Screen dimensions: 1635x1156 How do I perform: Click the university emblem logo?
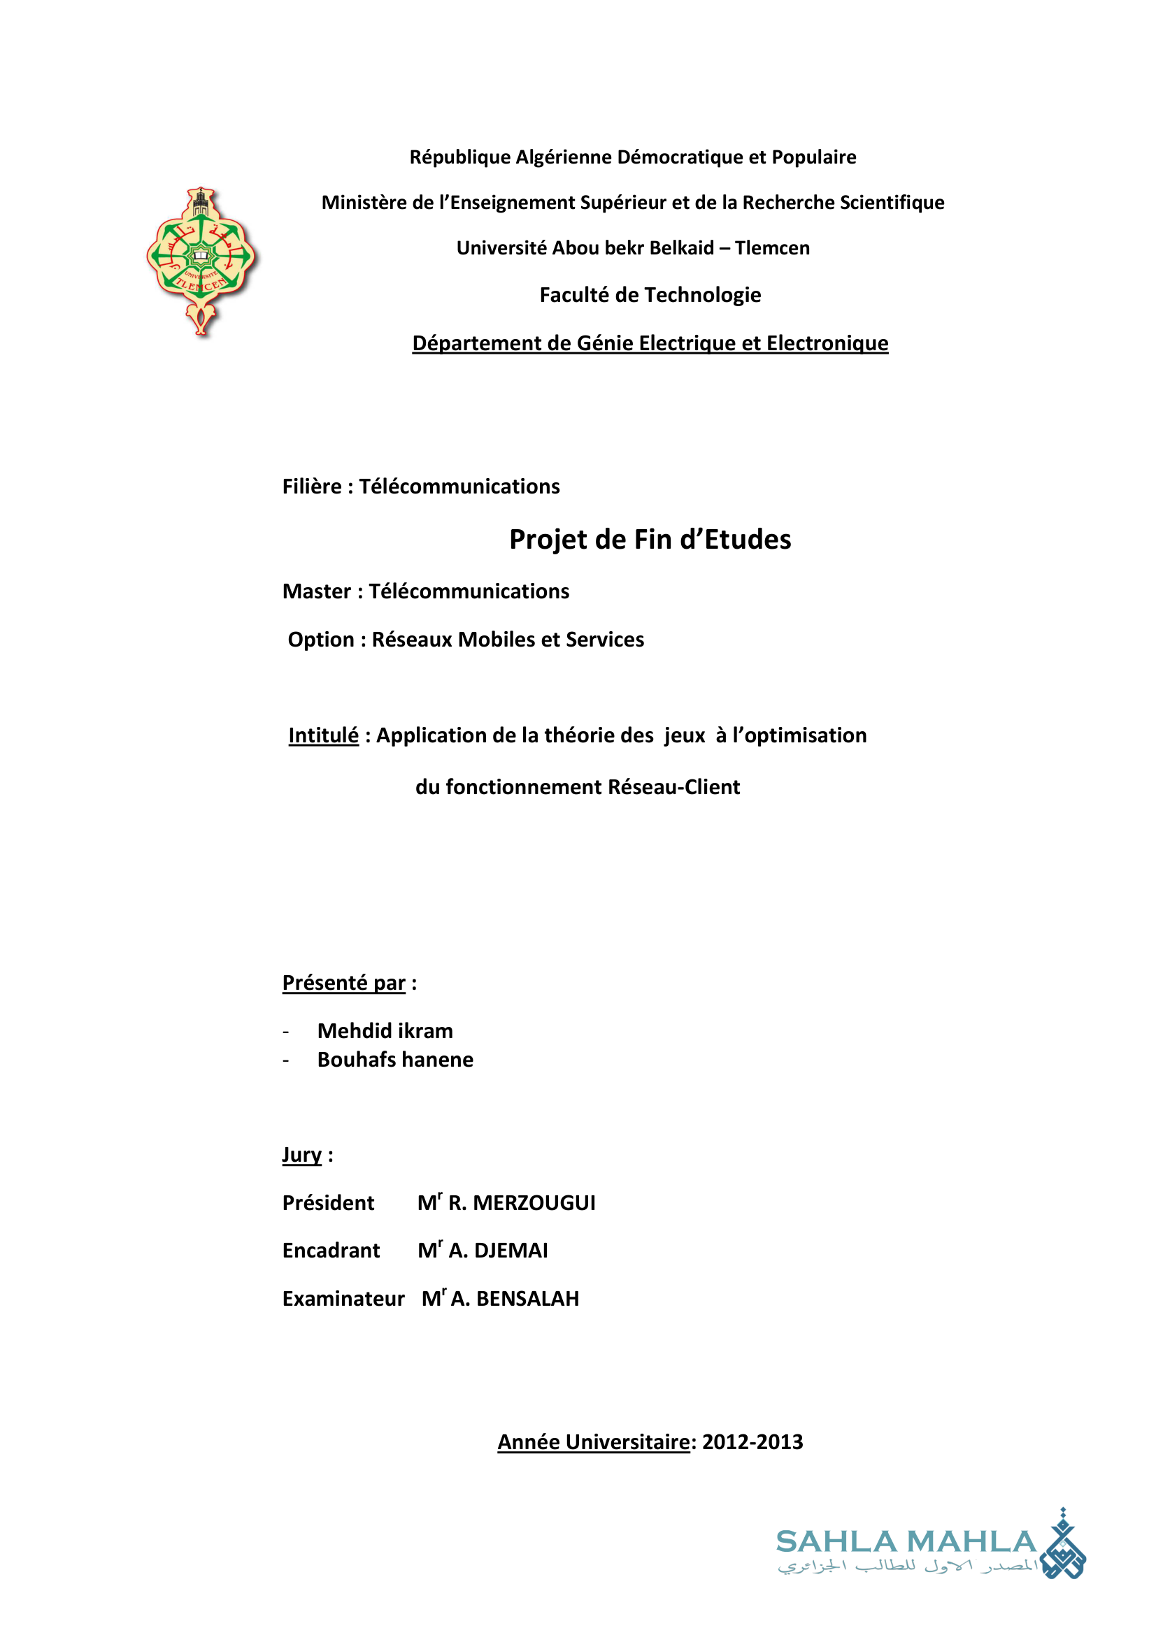point(201,261)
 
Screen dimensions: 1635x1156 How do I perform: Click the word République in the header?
point(459,157)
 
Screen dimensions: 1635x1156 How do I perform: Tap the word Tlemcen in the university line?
point(772,249)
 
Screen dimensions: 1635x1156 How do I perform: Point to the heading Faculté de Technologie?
point(650,295)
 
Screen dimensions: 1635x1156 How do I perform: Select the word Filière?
point(312,487)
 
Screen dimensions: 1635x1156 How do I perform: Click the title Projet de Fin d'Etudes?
point(650,540)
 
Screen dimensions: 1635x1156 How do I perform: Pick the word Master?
point(316,592)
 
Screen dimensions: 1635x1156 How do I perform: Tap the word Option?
point(320,640)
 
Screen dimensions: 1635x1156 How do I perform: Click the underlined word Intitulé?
point(323,735)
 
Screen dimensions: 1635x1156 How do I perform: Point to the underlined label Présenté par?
point(344,983)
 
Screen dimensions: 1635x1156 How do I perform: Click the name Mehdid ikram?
point(385,1031)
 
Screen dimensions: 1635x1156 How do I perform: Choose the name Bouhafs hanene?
point(395,1060)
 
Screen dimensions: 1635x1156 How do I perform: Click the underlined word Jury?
point(302,1154)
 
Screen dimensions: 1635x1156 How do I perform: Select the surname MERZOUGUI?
point(534,1203)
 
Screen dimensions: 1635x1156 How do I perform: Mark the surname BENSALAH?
point(527,1299)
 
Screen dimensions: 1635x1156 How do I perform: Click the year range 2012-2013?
point(752,1442)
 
